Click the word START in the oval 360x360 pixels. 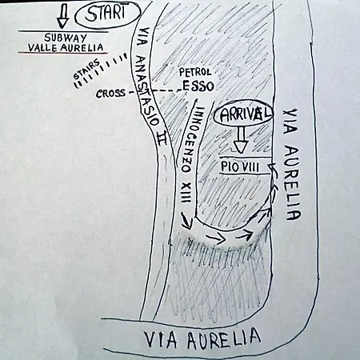[x=106, y=14]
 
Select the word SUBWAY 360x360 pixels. [x=66, y=38]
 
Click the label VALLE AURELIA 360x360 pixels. [x=66, y=48]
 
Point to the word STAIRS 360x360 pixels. [x=86, y=70]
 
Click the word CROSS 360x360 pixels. [x=110, y=94]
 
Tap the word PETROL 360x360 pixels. [x=195, y=72]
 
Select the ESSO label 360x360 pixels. [x=198, y=86]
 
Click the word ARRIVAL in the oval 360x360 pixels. [x=246, y=114]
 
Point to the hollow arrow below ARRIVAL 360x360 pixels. [x=241, y=139]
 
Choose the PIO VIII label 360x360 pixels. [x=240, y=167]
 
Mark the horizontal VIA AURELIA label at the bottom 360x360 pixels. [x=202, y=339]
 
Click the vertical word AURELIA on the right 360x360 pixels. [x=293, y=183]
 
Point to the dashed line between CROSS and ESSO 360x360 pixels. [x=158, y=91]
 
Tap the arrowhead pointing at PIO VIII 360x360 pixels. [x=271, y=167]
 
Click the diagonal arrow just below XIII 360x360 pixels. [x=186, y=221]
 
